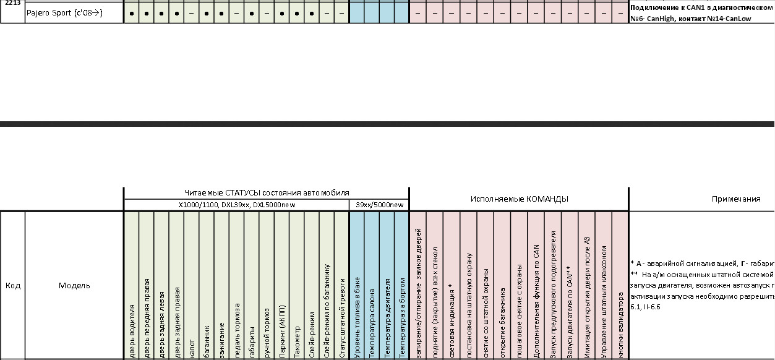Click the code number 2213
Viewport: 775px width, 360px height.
point(12,3)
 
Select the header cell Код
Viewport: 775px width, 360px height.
point(12,285)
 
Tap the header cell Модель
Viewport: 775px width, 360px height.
point(74,285)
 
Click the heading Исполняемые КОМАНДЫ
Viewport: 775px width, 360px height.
point(519,199)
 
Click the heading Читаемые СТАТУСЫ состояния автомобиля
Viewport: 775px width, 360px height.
point(267,193)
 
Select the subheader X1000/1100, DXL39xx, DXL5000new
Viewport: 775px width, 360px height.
point(236,205)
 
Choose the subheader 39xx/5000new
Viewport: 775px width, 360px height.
point(379,205)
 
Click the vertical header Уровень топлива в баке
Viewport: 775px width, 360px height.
point(357,321)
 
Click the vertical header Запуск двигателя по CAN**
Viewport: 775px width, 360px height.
point(569,313)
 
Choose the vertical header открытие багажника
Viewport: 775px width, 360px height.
point(502,322)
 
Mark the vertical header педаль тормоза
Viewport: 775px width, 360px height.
point(237,331)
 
